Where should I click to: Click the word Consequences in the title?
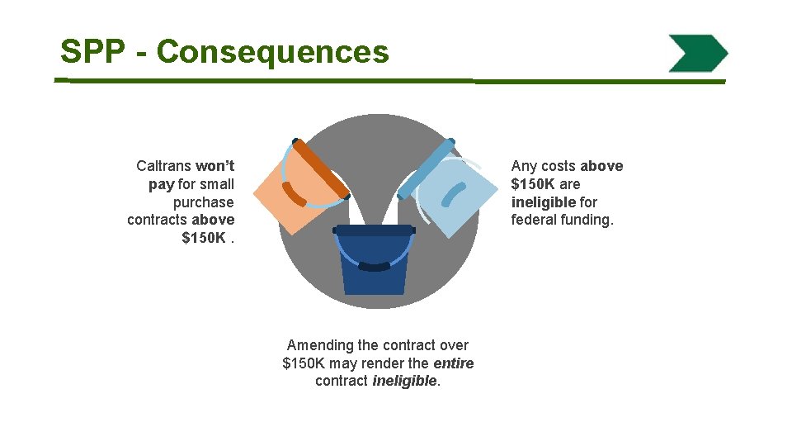point(272,52)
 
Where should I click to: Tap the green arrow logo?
point(698,54)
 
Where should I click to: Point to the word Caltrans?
point(163,166)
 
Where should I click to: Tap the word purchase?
point(203,202)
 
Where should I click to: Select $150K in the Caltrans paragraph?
point(203,238)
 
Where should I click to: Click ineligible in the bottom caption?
point(404,381)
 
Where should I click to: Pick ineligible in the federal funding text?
point(543,202)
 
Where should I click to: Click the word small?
point(217,184)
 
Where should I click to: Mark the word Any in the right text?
point(524,166)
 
